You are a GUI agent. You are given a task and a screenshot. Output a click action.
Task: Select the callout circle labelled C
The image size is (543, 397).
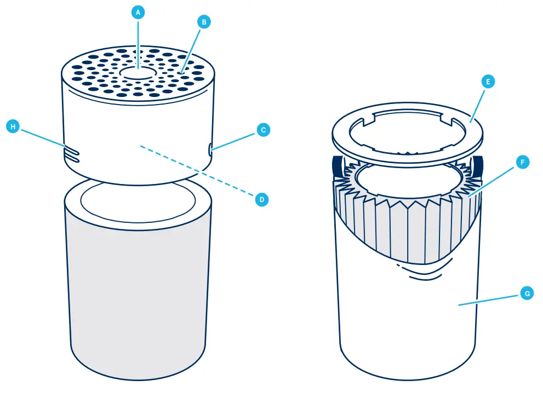(263, 130)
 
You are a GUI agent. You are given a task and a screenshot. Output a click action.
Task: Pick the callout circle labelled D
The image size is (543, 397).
(261, 199)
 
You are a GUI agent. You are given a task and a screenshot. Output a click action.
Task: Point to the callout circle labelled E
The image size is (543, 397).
(488, 82)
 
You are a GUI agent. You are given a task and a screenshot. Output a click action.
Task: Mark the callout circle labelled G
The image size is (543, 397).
(525, 294)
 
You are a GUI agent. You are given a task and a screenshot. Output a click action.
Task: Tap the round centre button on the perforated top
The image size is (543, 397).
(138, 74)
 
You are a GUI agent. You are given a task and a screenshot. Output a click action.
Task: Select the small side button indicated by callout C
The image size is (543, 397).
(211, 148)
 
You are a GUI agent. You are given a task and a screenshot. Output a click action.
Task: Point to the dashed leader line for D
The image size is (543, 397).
(197, 171)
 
